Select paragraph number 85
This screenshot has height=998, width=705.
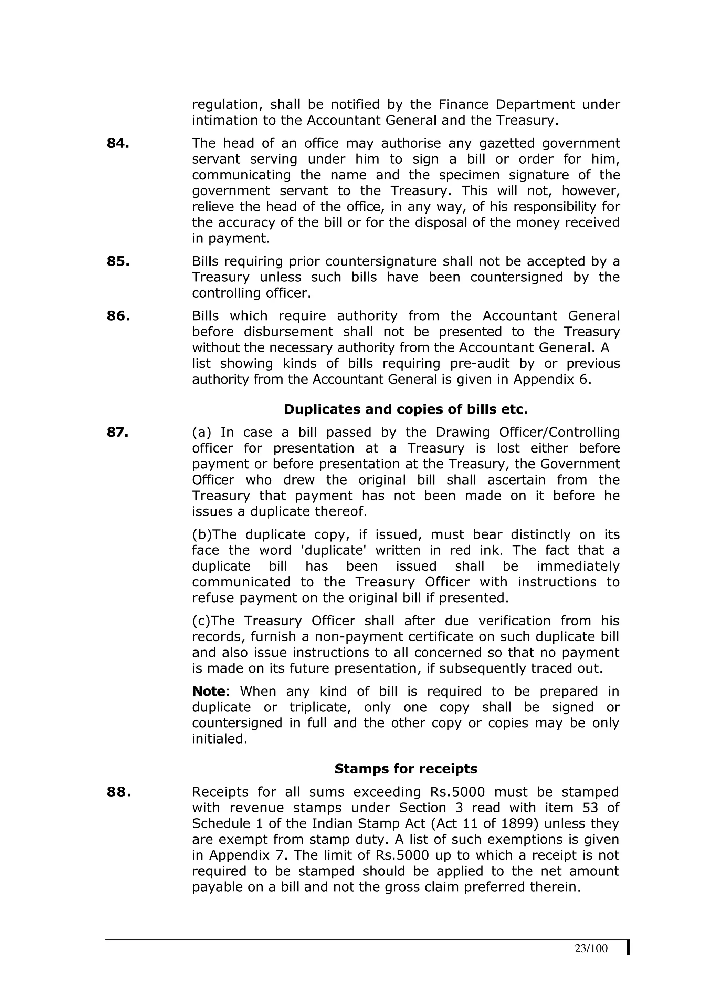pyautogui.click(x=118, y=261)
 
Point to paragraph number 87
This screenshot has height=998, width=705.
pyautogui.click(x=117, y=432)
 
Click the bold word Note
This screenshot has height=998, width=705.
pyautogui.click(x=209, y=691)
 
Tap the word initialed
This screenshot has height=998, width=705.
pyautogui.click(x=219, y=739)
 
